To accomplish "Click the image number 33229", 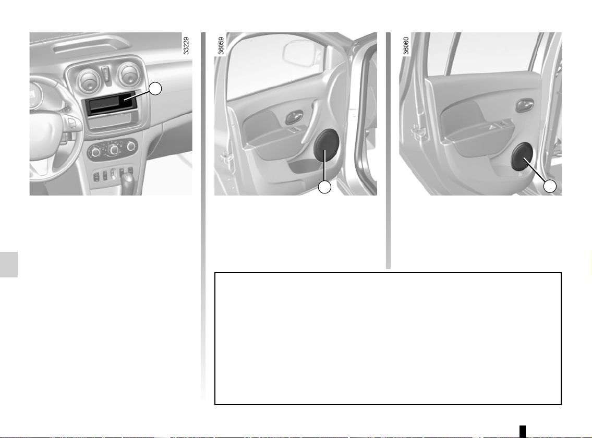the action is tap(186, 46).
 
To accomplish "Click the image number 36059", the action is tap(221, 46).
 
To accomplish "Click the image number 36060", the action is tap(406, 46).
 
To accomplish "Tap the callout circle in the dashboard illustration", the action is tap(155, 89).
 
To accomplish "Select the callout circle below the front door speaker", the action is tap(325, 187).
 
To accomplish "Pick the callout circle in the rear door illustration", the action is tap(550, 186).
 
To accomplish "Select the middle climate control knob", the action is tap(113, 150).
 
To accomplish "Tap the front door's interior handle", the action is tap(294, 117).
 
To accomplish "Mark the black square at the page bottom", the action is tap(523, 431).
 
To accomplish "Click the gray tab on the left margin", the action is tap(9, 264).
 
